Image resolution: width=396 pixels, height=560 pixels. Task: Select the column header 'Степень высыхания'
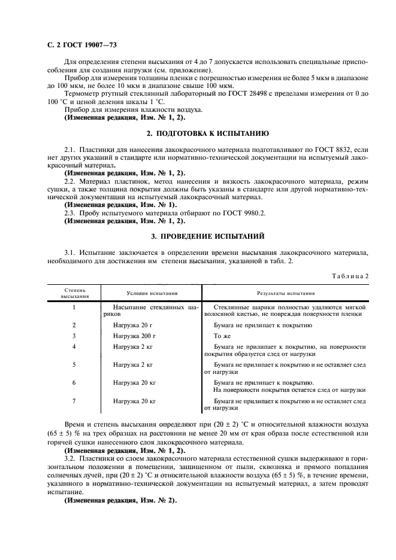click(74, 293)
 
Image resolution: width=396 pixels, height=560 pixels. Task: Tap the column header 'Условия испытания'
click(152, 293)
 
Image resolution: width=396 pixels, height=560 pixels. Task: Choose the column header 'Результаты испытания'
click(286, 293)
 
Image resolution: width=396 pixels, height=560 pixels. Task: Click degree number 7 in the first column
click(74, 401)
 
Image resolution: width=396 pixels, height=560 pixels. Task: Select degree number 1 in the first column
click(74, 307)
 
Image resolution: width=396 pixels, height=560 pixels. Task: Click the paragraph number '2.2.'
click(71, 180)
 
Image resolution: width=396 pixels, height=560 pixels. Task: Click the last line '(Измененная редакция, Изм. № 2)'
click(120, 500)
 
